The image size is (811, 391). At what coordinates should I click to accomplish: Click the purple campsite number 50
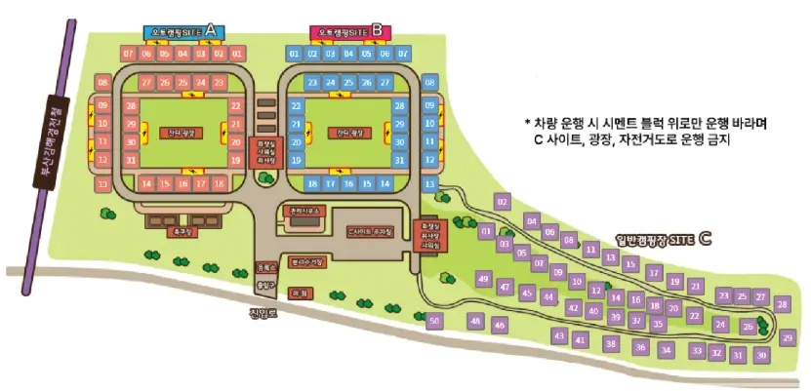[x=434, y=320]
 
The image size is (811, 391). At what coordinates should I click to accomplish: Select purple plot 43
[x=559, y=335]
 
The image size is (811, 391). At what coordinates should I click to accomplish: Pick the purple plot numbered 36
[x=640, y=346]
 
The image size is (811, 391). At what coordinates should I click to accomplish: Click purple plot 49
[x=483, y=279]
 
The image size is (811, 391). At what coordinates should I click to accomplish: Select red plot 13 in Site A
[x=102, y=183]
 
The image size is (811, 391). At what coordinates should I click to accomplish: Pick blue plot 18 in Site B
[x=312, y=183]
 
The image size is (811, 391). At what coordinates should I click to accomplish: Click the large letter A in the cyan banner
[x=210, y=31]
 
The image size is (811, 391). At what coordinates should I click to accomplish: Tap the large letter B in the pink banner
[x=377, y=31]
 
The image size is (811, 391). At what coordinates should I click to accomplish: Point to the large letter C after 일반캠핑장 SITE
[x=705, y=237]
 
